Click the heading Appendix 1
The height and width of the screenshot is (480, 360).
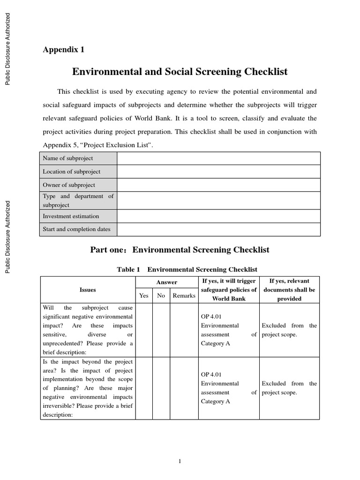tap(64, 49)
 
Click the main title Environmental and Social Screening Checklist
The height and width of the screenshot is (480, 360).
tap(180, 72)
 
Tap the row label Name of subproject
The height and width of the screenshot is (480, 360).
tap(68, 158)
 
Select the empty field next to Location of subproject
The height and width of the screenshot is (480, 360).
tap(218, 172)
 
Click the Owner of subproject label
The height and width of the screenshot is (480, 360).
tap(69, 185)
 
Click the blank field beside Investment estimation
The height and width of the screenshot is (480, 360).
tap(218, 216)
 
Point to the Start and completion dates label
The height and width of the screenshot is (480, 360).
tap(76, 229)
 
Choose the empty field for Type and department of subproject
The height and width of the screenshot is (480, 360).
tap(218, 201)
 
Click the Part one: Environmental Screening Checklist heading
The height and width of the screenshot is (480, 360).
tap(180, 250)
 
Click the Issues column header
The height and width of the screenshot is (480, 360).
tap(88, 290)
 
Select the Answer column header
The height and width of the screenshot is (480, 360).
tap(166, 282)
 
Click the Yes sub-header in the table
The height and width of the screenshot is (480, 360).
tap(144, 295)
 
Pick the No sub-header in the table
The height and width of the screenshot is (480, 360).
tap(161, 295)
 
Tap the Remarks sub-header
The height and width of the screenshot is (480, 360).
tap(184, 295)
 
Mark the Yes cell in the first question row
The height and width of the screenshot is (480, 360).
tap(144, 330)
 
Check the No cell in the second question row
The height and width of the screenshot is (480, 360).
tap(161, 388)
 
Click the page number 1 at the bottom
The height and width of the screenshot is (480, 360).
tap(180, 462)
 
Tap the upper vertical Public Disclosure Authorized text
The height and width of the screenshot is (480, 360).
tap(8, 49)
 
